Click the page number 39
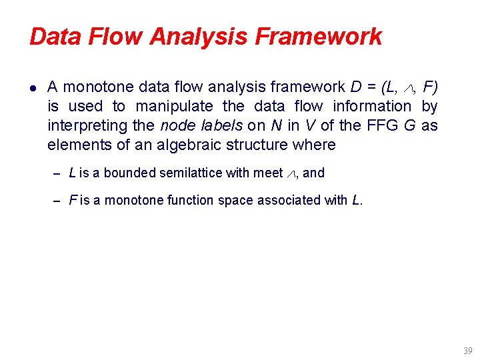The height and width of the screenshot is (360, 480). pyautogui.click(x=467, y=351)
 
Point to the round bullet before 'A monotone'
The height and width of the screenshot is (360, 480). pyautogui.click(x=33, y=87)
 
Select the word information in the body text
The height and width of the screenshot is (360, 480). pyautogui.click(x=372, y=106)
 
